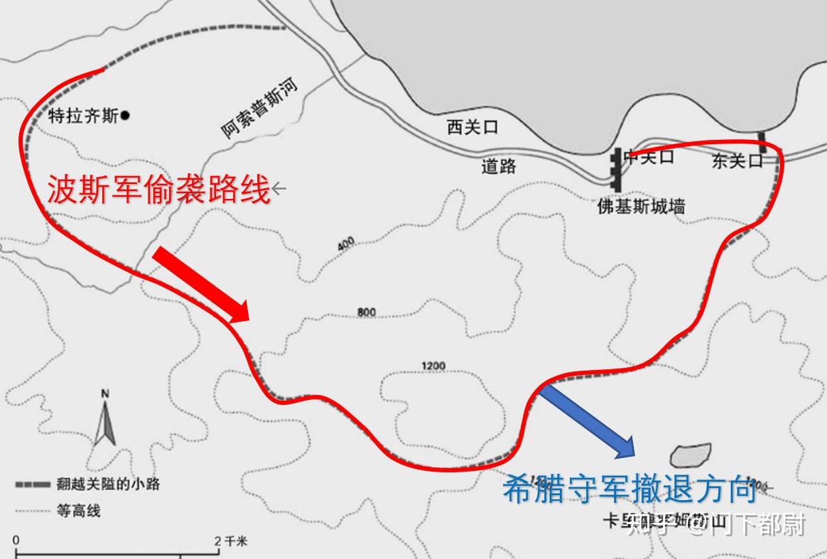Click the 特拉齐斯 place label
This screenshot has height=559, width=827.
83,116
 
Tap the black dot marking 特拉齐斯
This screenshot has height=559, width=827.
125,114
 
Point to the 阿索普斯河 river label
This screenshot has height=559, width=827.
259,109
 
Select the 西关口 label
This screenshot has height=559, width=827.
472,128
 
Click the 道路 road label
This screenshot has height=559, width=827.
499,167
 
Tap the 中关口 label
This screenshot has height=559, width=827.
648,157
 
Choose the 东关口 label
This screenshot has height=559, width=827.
737,162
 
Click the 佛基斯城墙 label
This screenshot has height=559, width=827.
642,207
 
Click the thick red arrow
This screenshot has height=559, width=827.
202,284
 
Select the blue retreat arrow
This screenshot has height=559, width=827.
588,420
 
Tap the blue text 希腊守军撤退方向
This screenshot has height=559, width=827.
629,490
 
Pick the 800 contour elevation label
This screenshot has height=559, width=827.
367,313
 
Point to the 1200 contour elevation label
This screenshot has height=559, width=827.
433,367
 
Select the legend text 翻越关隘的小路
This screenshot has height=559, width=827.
108,484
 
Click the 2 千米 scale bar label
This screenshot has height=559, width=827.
232,541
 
